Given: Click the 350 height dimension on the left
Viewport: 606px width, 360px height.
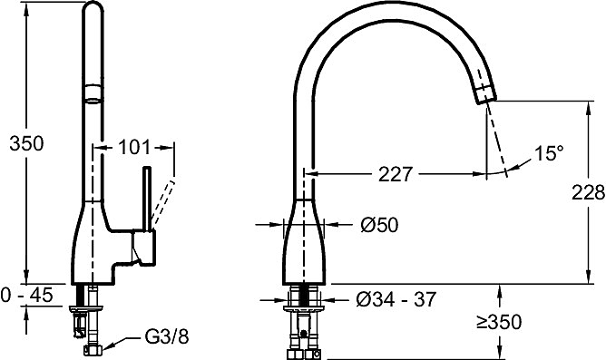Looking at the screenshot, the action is (x=26, y=143).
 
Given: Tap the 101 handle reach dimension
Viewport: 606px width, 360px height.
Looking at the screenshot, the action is (x=133, y=147).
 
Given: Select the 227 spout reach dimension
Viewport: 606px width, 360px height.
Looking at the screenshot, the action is (x=396, y=174).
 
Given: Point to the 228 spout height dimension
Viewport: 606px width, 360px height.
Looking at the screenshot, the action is (x=588, y=192).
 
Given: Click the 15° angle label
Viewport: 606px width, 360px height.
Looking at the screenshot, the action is (x=549, y=153).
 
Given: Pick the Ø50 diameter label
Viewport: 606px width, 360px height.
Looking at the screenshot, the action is (x=379, y=225).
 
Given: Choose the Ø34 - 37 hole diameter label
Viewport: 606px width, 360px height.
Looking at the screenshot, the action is (x=396, y=299).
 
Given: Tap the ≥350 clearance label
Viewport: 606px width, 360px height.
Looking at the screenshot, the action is (x=499, y=322).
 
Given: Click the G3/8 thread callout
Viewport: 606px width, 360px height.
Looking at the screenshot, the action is (x=167, y=336).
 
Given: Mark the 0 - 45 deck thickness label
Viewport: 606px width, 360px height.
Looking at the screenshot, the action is (x=26, y=296).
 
